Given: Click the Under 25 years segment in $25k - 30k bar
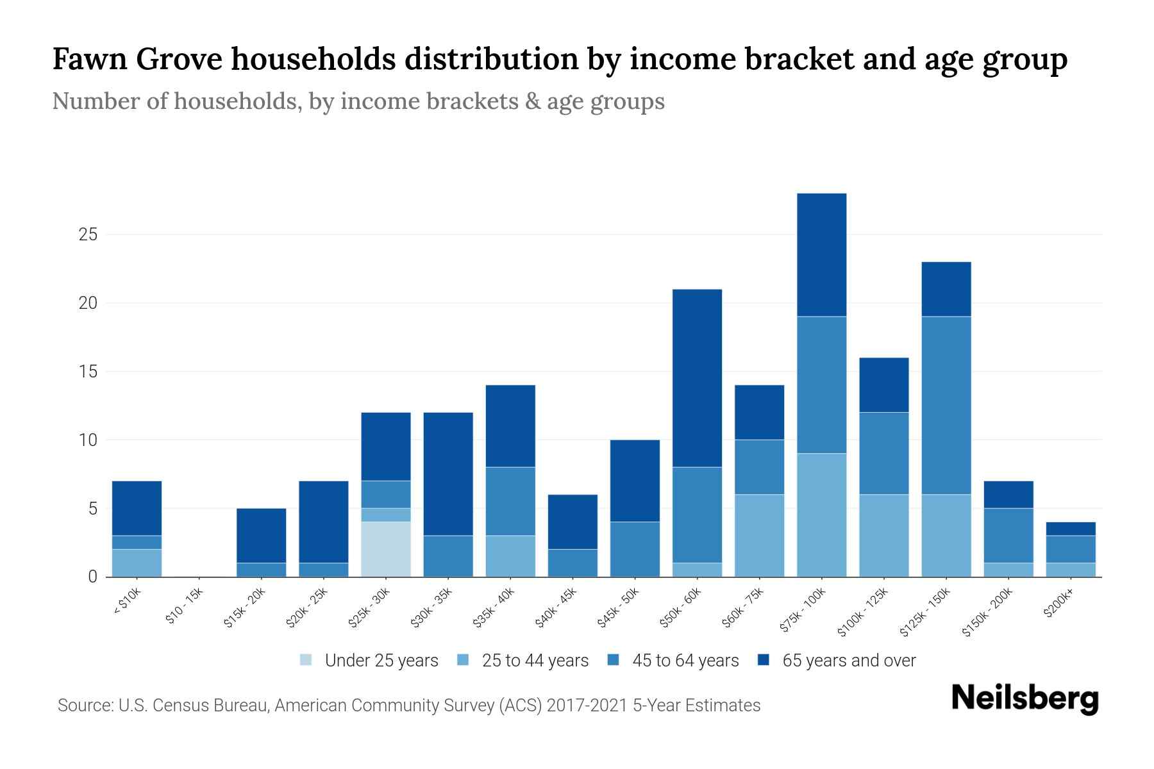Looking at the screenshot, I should point(386,549).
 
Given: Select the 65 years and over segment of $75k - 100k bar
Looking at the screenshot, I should point(821,254).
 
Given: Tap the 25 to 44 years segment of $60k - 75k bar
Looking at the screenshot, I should point(759,535).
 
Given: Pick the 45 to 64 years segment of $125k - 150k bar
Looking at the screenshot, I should point(946,405).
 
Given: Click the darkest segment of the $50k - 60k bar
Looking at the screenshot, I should point(697,378).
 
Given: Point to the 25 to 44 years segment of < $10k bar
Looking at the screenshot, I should point(137,563).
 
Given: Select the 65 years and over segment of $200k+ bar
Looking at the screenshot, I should point(1070,529).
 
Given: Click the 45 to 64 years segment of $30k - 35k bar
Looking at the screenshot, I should point(448,556).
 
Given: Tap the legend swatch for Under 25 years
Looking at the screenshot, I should point(306,659).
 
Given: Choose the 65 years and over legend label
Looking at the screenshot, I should point(849,660).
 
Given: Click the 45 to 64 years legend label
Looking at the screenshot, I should point(685,660).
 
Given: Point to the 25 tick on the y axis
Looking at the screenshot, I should point(88,235).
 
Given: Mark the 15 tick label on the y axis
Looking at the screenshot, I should point(88,372).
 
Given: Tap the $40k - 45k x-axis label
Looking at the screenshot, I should point(556,609).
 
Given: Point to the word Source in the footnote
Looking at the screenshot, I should point(83,706).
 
